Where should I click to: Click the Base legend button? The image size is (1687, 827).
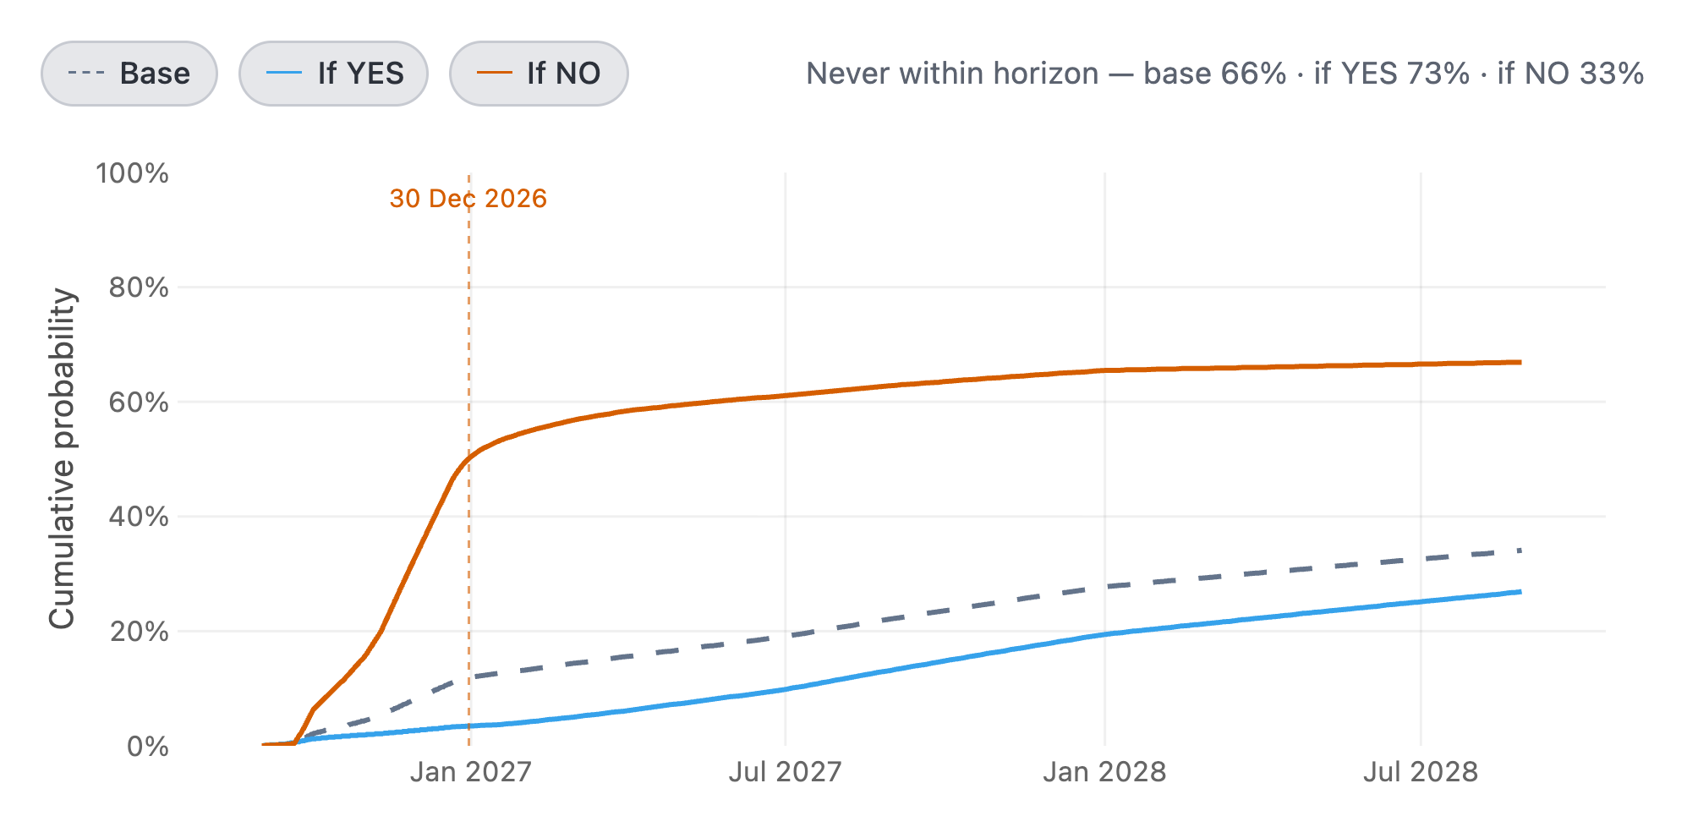[129, 74]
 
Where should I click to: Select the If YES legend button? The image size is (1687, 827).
[333, 74]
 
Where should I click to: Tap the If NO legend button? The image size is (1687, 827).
[539, 74]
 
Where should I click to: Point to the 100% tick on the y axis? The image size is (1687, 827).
[132, 173]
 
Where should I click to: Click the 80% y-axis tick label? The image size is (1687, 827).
[139, 288]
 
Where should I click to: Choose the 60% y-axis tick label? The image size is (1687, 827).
[139, 403]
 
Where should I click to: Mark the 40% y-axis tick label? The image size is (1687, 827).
[139, 517]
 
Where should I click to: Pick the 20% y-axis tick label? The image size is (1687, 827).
[139, 632]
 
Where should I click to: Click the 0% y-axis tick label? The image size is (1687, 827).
[147, 747]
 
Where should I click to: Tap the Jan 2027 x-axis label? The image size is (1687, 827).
[470, 772]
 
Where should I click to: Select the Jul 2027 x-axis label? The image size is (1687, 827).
[786, 772]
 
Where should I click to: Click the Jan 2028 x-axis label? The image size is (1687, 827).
[1104, 772]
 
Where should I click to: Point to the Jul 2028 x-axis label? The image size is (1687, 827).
[1421, 772]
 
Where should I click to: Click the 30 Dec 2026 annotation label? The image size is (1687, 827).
[468, 199]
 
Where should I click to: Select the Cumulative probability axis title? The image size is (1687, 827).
[63, 459]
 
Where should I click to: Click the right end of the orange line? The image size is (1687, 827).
[1520, 362]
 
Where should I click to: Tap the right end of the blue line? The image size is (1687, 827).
[1520, 592]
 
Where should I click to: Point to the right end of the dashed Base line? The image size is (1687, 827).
[1520, 550]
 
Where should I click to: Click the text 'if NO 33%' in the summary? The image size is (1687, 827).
[1570, 74]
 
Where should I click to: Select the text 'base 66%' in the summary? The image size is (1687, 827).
[1215, 74]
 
